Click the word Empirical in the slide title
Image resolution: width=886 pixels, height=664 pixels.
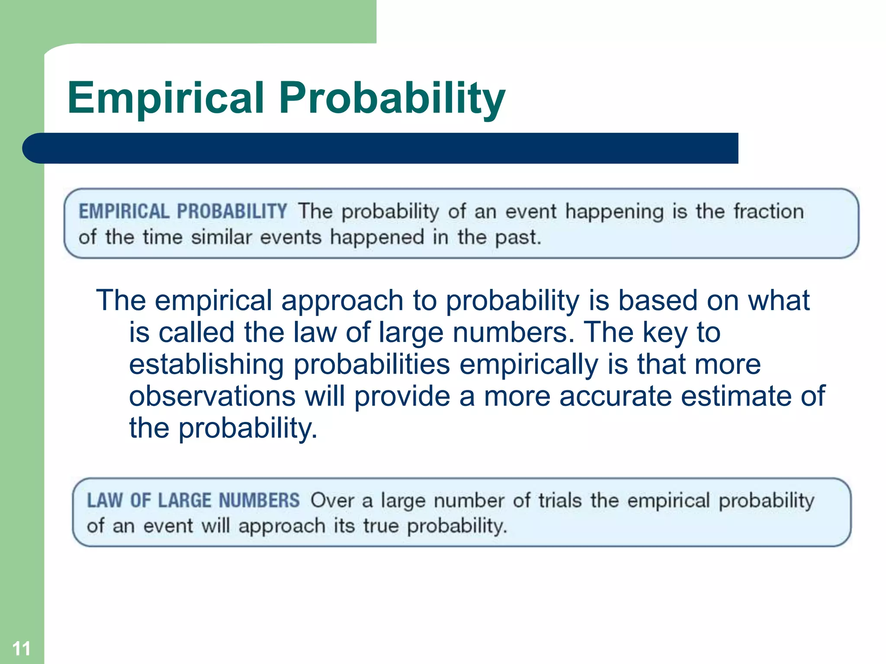coord(166,99)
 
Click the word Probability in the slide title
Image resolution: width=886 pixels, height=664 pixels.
coord(392,99)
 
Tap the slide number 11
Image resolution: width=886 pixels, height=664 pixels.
coord(21,648)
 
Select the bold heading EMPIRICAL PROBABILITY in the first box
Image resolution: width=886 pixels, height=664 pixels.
coord(183,211)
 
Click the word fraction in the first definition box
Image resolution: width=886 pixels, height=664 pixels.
coord(768,211)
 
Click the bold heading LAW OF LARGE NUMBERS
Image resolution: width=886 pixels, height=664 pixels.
coord(193,500)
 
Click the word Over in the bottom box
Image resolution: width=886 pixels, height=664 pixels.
coord(332,500)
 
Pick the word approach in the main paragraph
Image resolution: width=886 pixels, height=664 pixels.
coord(342,301)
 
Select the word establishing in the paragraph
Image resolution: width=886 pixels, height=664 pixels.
coord(206,364)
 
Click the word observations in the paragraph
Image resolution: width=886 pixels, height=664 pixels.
coord(212,396)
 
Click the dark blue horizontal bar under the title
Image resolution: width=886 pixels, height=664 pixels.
coord(381,148)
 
